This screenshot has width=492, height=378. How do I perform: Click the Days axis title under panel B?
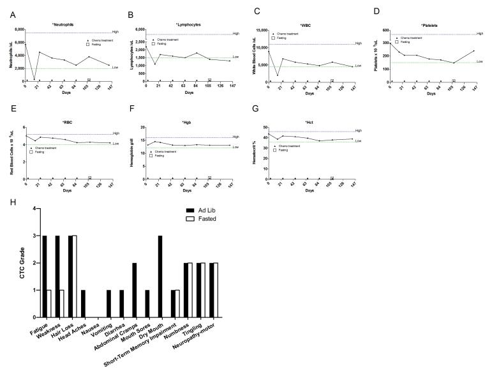[x=189, y=93]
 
